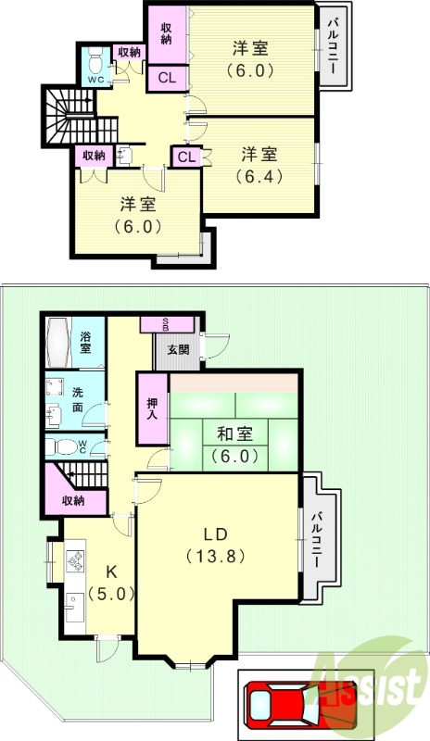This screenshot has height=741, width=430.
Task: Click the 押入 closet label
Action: coord(152,408)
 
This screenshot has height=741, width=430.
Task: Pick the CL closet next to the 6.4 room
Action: coord(185,157)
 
